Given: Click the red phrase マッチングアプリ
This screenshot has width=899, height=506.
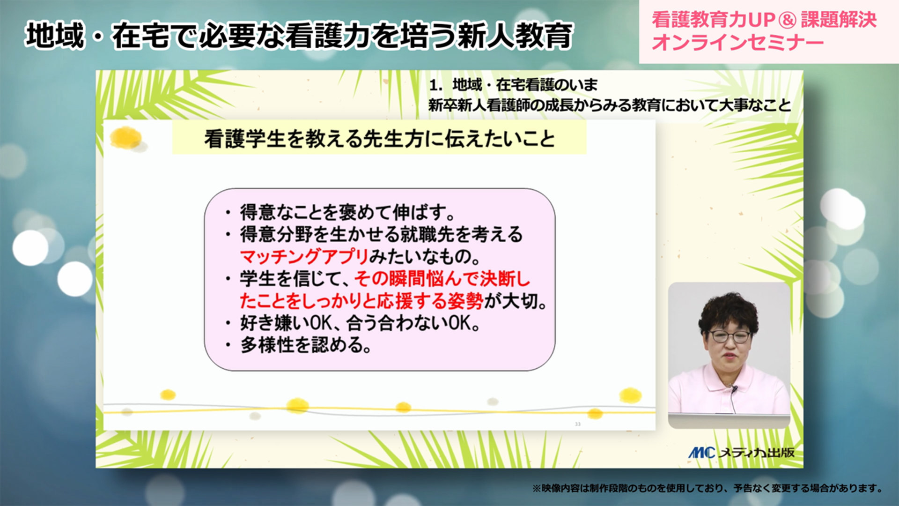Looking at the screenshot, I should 304,257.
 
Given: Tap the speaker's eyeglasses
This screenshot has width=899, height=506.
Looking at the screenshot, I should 730,336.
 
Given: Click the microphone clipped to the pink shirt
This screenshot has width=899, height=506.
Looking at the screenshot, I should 734,389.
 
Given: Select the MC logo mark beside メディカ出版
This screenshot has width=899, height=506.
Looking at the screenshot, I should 701,453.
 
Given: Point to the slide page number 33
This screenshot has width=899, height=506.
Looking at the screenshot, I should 577,424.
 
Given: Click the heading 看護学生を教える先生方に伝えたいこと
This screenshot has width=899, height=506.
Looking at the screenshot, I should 379,139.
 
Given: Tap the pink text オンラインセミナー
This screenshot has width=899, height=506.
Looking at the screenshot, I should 737,43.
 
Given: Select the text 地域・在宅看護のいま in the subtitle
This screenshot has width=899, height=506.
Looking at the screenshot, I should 525,85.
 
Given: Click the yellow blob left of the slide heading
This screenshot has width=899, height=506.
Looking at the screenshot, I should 125,138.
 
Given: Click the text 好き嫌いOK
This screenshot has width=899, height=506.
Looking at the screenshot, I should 286,323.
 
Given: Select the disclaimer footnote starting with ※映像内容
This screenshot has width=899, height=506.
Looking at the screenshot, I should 707,488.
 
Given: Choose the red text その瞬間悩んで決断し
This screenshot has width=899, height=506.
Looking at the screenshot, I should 442,279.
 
